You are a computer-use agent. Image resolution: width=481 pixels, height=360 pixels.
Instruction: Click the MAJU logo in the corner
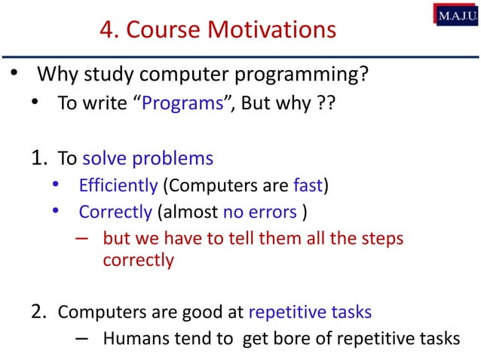(455, 15)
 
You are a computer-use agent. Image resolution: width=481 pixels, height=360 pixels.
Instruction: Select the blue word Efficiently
(115, 185)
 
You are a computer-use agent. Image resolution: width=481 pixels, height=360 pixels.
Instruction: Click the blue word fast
(308, 185)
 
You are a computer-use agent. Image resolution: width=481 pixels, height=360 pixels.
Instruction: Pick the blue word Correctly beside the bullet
(115, 212)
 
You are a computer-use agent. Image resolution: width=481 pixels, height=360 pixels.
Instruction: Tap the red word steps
(382, 239)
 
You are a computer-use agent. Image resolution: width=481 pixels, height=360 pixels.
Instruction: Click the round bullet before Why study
(14, 75)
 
